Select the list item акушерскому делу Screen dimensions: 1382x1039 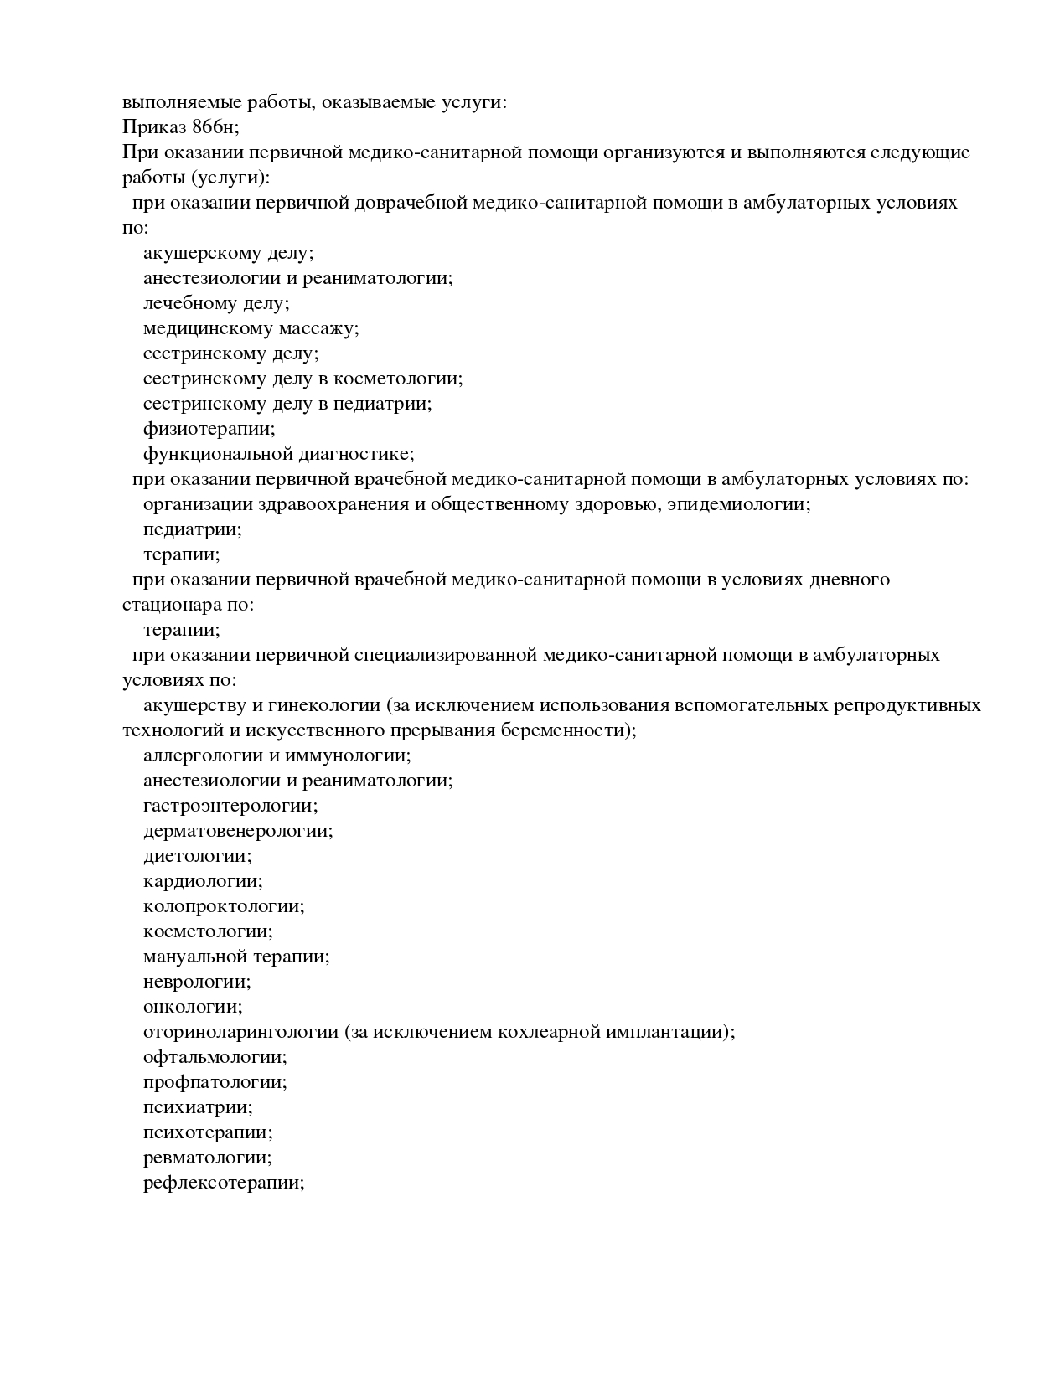click(x=228, y=253)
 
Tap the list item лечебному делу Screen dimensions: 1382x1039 click(x=216, y=303)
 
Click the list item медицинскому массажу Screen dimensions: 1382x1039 click(x=251, y=328)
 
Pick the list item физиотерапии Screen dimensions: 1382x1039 click(x=209, y=429)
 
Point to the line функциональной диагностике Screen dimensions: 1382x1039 click(x=278, y=454)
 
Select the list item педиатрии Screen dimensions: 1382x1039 click(x=192, y=529)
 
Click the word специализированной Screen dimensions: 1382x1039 click(x=444, y=655)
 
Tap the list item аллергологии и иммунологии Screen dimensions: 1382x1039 click(x=277, y=755)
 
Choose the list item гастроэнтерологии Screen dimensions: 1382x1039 click(x=230, y=806)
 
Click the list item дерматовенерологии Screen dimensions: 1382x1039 click(x=238, y=831)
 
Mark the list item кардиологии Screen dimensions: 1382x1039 click(x=203, y=881)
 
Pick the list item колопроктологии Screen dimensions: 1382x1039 click(x=224, y=906)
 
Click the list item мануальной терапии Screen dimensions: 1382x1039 click(x=236, y=957)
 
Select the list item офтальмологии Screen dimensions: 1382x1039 click(x=215, y=1057)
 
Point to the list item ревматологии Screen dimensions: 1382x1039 click(x=208, y=1158)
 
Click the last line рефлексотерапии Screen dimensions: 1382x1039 click(x=223, y=1183)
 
